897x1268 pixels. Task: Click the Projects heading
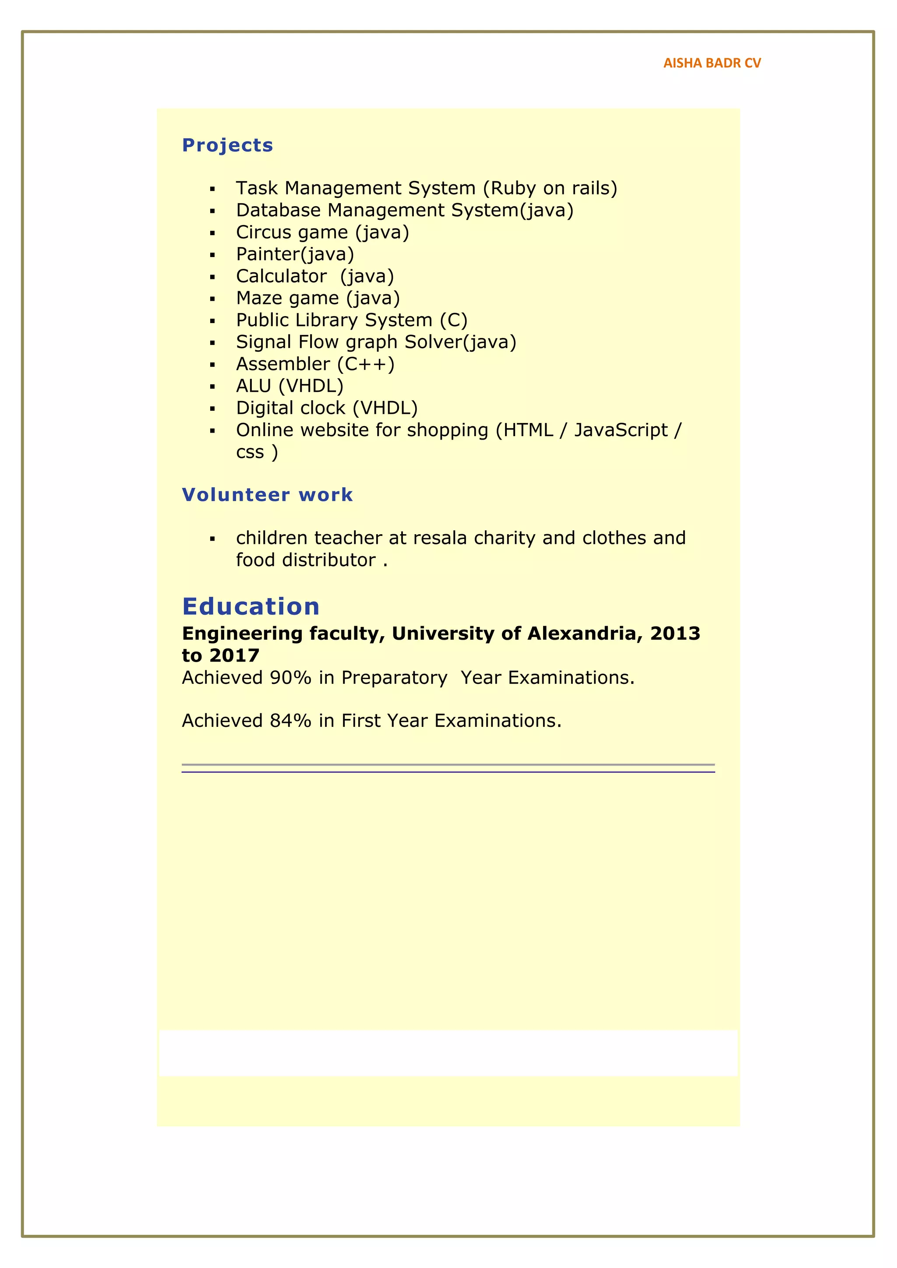pos(228,145)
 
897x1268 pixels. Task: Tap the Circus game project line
pos(322,232)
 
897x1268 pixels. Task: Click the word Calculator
pos(281,276)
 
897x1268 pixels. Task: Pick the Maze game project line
pos(318,298)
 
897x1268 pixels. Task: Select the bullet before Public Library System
pos(212,321)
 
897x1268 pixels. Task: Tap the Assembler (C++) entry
pos(315,364)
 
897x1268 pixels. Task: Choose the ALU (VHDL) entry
pos(290,386)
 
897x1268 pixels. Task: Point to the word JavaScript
pos(621,430)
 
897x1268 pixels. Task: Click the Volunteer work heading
pos(267,495)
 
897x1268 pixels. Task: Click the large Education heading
pos(251,606)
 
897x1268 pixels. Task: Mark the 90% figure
pos(290,678)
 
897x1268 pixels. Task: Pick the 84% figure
pos(290,721)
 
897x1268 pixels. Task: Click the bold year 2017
pos(234,655)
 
